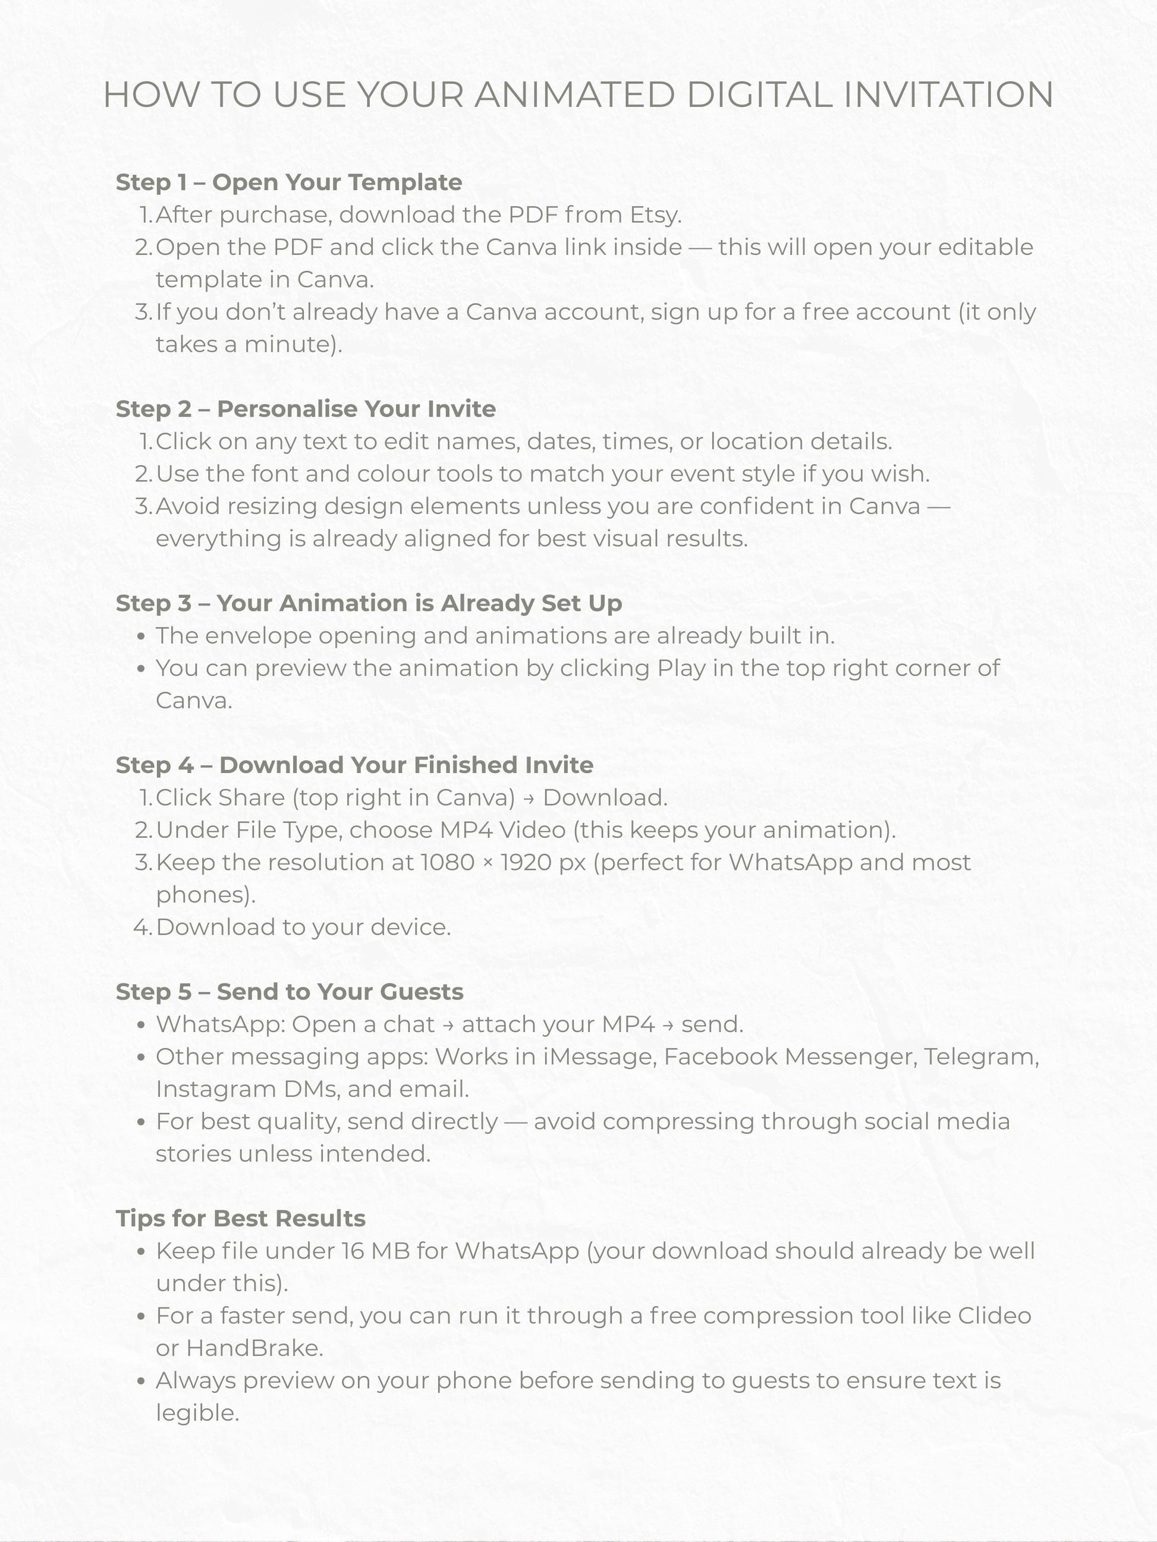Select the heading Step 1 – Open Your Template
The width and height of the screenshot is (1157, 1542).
point(289,182)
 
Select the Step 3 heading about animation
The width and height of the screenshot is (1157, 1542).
point(368,603)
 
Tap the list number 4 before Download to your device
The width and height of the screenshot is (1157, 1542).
point(142,927)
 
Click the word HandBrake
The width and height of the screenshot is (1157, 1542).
point(254,1348)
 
